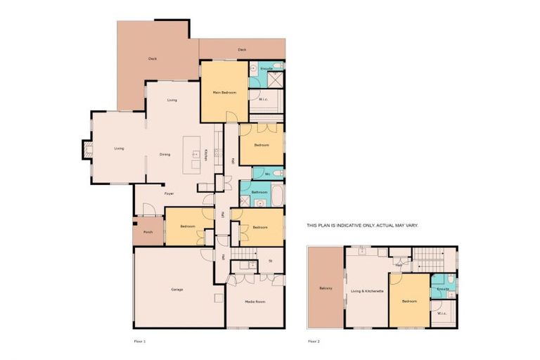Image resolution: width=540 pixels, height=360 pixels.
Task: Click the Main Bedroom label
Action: tap(224, 93)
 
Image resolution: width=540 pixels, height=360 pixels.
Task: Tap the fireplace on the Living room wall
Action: tap(87, 149)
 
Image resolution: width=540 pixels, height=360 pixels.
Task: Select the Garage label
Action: tap(177, 290)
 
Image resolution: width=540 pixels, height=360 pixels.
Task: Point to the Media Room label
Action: tap(255, 301)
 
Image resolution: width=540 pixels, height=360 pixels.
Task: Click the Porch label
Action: tap(148, 231)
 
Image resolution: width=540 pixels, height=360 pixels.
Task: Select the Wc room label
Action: tap(267, 173)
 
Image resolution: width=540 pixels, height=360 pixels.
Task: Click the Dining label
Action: tap(165, 155)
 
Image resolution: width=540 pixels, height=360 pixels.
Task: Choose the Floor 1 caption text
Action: tap(139, 340)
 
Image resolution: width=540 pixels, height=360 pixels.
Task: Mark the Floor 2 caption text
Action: tap(314, 340)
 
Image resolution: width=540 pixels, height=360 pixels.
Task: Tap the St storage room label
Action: tap(271, 262)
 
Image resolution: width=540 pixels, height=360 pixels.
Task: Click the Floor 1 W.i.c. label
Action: tap(264, 99)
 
